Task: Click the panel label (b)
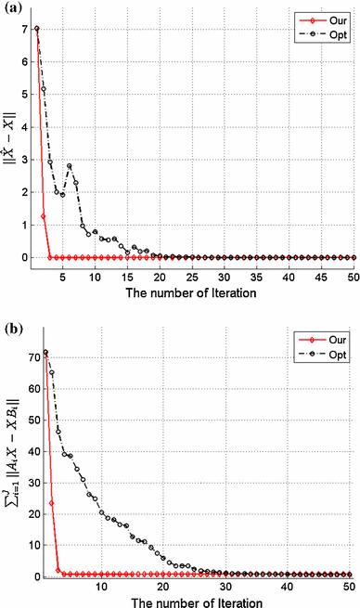tap(12, 327)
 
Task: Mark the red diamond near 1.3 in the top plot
tap(44, 216)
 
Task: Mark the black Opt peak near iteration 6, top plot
tap(70, 166)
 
